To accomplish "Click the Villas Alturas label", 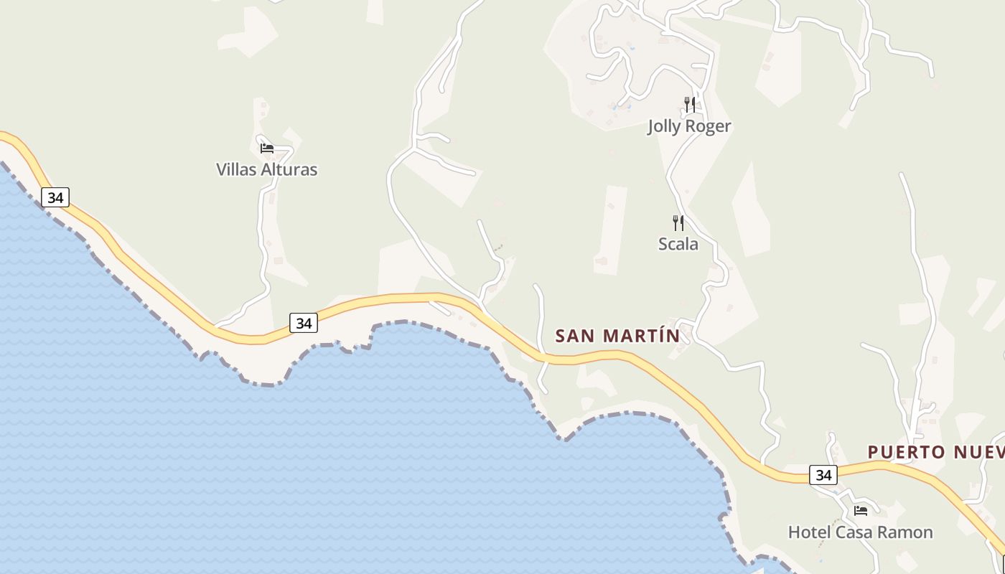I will pos(266,169).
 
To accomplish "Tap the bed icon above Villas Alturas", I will pos(267,149).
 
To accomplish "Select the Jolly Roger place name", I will pos(689,126).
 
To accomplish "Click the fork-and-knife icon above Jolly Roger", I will pos(689,105).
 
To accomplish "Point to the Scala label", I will pos(678,244).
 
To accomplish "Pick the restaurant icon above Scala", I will pos(678,222).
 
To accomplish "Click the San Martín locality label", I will pos(617,335).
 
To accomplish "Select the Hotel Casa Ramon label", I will pos(860,532).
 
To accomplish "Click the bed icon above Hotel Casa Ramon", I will pos(861,511).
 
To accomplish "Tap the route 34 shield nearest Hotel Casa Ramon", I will pos(823,474).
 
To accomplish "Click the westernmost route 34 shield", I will pos(55,197).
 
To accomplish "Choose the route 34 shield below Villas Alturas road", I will pos(304,323).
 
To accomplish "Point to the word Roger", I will pos(708,126).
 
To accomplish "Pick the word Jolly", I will pos(665,126).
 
